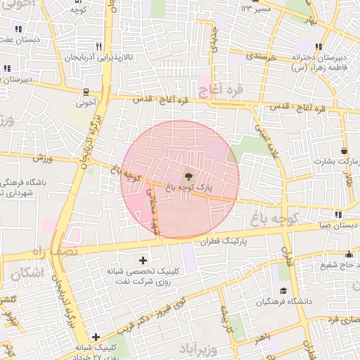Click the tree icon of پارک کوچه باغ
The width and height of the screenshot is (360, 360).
click(188, 175)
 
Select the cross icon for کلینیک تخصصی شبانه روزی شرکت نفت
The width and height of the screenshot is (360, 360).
click(143, 261)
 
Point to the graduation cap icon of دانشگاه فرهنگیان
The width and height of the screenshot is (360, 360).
click(283, 290)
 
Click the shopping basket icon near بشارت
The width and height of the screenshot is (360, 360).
click(344, 150)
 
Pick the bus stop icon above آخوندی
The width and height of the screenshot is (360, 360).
click(86, 91)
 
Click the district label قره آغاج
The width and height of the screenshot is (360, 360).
click(221, 89)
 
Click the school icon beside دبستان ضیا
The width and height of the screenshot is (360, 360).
click(338, 215)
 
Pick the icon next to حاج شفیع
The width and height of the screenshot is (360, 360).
click(349, 255)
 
